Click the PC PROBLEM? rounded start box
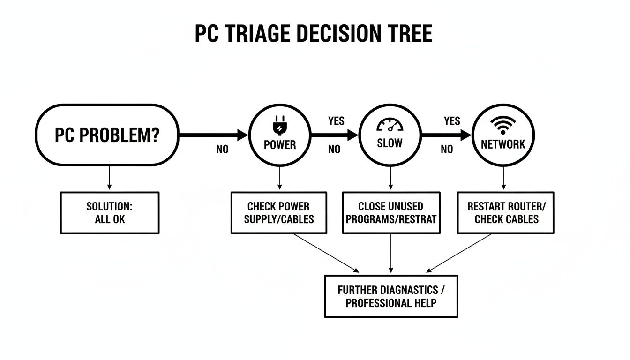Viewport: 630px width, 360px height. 107,135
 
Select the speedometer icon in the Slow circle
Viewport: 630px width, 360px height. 390,125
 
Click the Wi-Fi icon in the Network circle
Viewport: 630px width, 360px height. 503,124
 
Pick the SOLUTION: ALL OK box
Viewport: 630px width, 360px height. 110,212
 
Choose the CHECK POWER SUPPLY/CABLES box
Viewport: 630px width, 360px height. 279,212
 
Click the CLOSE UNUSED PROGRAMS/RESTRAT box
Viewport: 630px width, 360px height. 391,212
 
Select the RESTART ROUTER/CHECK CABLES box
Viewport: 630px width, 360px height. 506,212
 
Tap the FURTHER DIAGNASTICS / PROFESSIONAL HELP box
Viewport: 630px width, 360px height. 391,296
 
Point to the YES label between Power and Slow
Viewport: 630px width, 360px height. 336,121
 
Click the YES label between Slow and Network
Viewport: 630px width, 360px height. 452,121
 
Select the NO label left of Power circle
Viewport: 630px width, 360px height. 222,150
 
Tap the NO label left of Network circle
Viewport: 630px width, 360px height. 447,150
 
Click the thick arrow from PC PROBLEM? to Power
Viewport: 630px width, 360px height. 213,135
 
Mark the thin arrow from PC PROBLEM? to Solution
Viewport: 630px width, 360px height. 109,178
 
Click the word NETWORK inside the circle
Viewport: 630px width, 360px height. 503,144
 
